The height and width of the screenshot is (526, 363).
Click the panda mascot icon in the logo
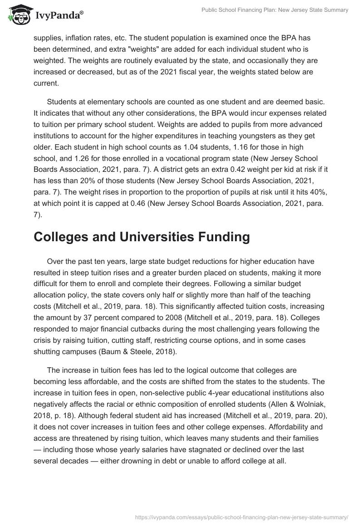pos(18,15)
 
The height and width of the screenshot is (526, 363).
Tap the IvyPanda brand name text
pos(58,15)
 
